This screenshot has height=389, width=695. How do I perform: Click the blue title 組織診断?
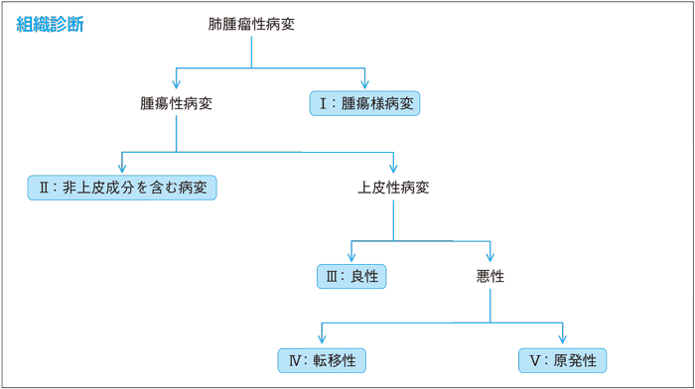pyautogui.click(x=51, y=25)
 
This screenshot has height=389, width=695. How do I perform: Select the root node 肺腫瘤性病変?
pyautogui.click(x=251, y=24)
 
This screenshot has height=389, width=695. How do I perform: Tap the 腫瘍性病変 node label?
pyautogui.click(x=177, y=102)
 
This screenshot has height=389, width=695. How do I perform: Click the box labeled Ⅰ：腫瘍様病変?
pyautogui.click(x=365, y=103)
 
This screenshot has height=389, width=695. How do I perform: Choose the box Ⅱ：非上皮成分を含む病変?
pyautogui.click(x=122, y=187)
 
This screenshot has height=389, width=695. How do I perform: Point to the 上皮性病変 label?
pyautogui.click(x=393, y=187)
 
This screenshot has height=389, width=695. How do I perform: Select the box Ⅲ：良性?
pyautogui.click(x=351, y=276)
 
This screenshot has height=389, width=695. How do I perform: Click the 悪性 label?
pyautogui.click(x=490, y=276)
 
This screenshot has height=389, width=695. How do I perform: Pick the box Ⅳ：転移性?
pyautogui.click(x=322, y=359)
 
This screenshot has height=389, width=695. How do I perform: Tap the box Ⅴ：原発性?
pyautogui.click(x=563, y=359)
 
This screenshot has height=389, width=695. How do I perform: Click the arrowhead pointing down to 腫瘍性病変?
pyautogui.click(x=177, y=83)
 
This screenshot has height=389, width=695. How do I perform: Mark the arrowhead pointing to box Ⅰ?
pyautogui.click(x=365, y=83)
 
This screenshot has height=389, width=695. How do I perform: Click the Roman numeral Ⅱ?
pyautogui.click(x=44, y=187)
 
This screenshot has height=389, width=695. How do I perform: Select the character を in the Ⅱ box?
pyautogui.click(x=145, y=187)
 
